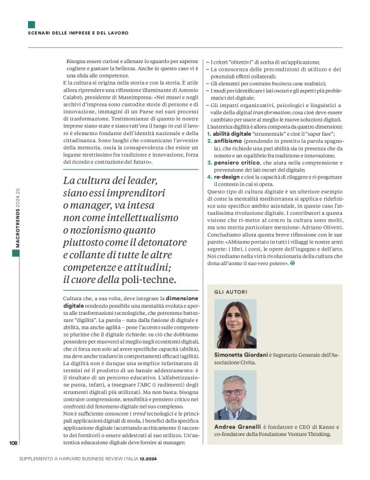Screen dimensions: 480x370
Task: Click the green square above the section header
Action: coord(31,25)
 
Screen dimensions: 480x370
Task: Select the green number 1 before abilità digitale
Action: coord(209,135)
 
